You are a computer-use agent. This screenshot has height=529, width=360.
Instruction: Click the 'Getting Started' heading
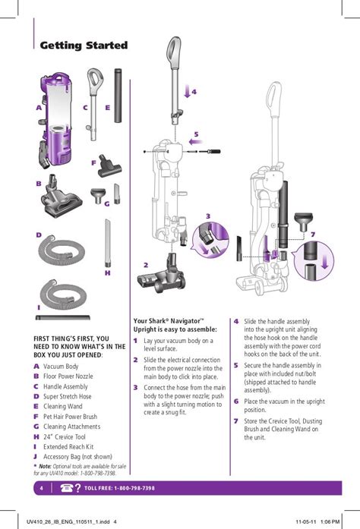point(84,46)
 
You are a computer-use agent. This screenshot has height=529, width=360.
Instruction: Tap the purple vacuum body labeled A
point(56,121)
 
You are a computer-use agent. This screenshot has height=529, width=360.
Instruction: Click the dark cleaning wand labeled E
point(118,96)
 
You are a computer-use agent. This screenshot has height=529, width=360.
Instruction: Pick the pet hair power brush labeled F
point(109,166)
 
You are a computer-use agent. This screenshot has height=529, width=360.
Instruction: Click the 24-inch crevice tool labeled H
point(108,243)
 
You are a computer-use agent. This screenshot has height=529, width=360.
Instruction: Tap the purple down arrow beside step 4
point(188,91)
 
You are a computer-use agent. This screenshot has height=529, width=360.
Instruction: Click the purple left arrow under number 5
point(195,142)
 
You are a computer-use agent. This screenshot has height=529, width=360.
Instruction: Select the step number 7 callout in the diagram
point(313,234)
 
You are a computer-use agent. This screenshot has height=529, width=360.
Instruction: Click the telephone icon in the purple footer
point(67,488)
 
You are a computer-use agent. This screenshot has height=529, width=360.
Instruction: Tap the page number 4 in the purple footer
point(42,488)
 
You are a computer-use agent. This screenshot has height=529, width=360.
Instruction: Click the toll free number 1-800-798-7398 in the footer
point(134,488)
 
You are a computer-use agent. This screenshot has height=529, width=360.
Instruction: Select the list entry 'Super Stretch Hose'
point(68,396)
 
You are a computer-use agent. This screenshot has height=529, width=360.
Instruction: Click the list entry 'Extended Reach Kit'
point(68,447)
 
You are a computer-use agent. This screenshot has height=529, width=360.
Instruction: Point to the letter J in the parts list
point(36,457)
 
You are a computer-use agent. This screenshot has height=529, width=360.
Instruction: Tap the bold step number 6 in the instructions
point(236,401)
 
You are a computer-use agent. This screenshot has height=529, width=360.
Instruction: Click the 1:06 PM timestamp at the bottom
point(330,521)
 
